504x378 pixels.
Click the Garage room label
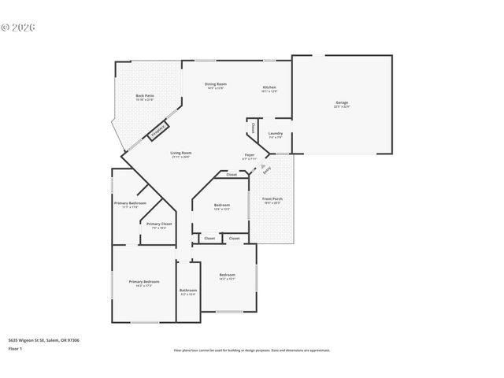[x=342, y=103]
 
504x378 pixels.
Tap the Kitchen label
[x=269, y=88]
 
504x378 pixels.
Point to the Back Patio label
[x=145, y=97]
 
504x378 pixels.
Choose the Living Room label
[x=182, y=154]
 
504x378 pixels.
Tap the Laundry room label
[x=275, y=134]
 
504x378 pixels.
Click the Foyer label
[x=249, y=156]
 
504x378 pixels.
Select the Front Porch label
[x=272, y=200]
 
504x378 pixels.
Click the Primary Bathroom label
[x=130, y=204]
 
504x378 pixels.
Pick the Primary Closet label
[x=159, y=224]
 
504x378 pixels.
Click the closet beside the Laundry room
[x=252, y=128]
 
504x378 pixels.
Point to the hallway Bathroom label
[x=187, y=291]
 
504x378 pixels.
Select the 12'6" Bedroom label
[x=221, y=206]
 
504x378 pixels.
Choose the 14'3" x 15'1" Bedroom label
[x=227, y=276]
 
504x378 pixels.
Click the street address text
[x=43, y=340]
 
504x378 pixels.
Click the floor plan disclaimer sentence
[x=251, y=350]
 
